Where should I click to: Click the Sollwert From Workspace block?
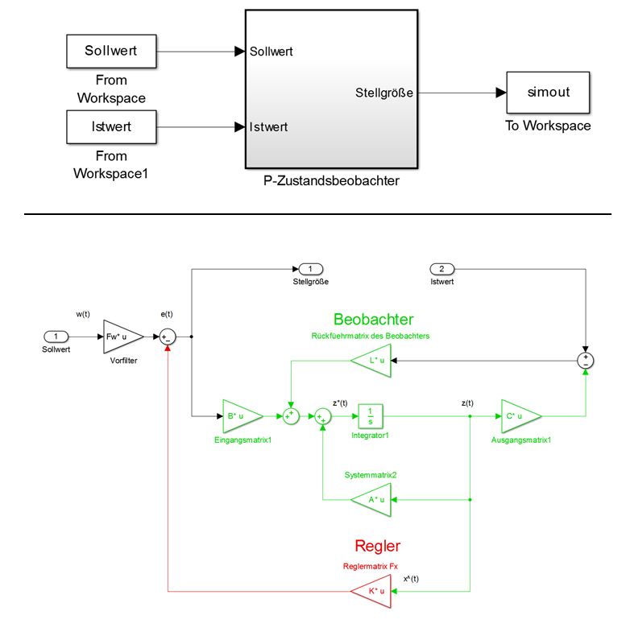[111, 52]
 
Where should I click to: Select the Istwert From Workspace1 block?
[111, 126]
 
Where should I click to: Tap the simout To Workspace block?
[548, 92]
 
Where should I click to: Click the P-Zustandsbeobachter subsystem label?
[331, 181]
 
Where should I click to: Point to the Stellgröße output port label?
[384, 93]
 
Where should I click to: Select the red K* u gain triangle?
[373, 592]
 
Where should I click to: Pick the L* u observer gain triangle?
[373, 361]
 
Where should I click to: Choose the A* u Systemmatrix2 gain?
[373, 499]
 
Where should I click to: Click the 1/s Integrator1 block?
[370, 415]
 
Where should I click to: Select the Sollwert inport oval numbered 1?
[56, 336]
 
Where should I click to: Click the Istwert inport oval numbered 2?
[442, 268]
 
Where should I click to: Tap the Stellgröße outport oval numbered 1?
[310, 268]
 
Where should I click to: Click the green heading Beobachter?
[373, 319]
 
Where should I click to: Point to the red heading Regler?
[377, 547]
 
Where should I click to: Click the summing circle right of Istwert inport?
[586, 360]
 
